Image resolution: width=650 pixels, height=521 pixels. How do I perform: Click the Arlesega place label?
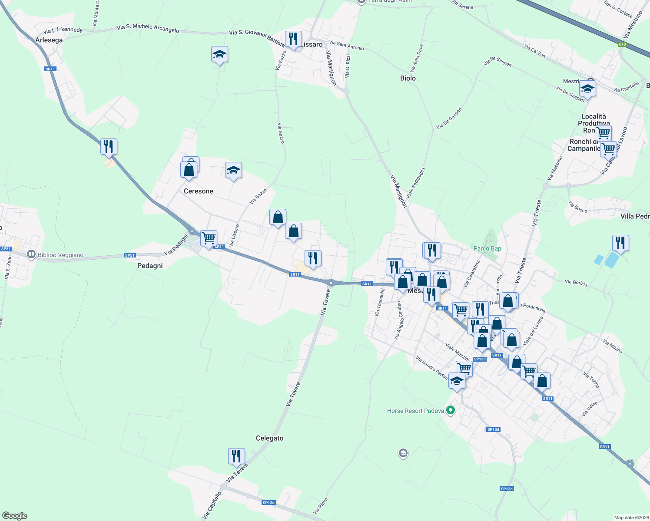(x=49, y=40)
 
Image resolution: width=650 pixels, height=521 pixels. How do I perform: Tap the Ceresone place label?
(x=199, y=191)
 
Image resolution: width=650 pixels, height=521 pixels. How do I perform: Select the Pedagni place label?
(x=150, y=266)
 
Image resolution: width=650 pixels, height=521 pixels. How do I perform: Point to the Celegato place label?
(x=269, y=439)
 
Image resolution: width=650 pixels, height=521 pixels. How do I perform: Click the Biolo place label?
(x=408, y=79)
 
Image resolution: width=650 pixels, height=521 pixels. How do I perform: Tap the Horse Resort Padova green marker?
(x=451, y=410)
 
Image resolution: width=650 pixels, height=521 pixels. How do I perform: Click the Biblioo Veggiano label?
(x=60, y=255)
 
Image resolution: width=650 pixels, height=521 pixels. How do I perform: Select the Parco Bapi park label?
(x=488, y=249)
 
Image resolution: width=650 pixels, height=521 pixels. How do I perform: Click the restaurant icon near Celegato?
(x=236, y=456)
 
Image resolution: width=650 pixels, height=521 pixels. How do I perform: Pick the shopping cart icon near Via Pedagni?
(x=209, y=238)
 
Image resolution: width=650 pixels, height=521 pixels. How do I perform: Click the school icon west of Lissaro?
(x=219, y=55)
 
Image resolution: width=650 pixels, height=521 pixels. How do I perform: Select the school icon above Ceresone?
(x=233, y=171)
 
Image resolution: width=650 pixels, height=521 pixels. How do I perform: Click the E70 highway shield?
(x=622, y=44)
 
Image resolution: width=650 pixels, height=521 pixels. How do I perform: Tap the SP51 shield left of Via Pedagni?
(x=130, y=255)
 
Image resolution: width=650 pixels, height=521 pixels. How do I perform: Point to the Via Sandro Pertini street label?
(x=431, y=368)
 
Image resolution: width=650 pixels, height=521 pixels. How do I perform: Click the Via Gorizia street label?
(x=576, y=283)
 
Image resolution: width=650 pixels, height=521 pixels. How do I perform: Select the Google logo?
(x=15, y=516)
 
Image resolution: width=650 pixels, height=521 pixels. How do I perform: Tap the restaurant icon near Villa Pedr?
(x=620, y=243)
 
